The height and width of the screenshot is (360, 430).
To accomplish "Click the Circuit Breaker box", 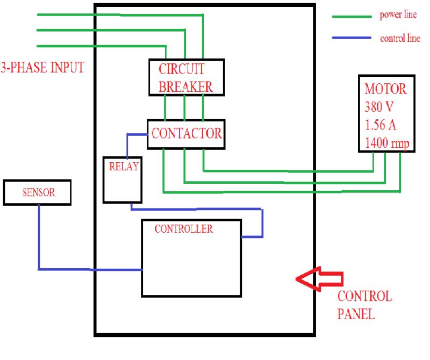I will pos(186,77).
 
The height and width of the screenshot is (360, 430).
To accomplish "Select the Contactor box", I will pos(186,134).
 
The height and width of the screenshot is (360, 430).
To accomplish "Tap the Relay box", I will pos(123,179).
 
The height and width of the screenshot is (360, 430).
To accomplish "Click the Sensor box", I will pos(37,192).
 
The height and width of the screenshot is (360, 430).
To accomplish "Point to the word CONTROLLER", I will pos(183,229).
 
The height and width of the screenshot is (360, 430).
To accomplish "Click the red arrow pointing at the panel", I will pos(319,278).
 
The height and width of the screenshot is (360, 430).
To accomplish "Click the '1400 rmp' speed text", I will pos(386,143).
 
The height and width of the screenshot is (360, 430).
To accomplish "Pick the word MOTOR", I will pos(385,88).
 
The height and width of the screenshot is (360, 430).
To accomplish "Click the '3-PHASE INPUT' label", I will pos(42,68).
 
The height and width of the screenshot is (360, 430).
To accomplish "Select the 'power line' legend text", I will pos(398,15).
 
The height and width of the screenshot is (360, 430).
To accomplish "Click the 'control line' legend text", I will pos(400,39).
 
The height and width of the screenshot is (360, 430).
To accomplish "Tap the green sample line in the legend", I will pos(352,17).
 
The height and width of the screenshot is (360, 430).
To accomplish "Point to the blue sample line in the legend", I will pos(352,38).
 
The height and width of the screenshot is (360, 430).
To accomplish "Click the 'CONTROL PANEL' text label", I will pos(364,305).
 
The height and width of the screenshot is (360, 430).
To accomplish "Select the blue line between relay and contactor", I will pos(127,144).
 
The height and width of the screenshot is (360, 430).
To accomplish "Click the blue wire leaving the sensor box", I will pos(39,236).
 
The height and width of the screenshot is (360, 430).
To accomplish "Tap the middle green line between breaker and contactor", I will pos(184,107).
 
